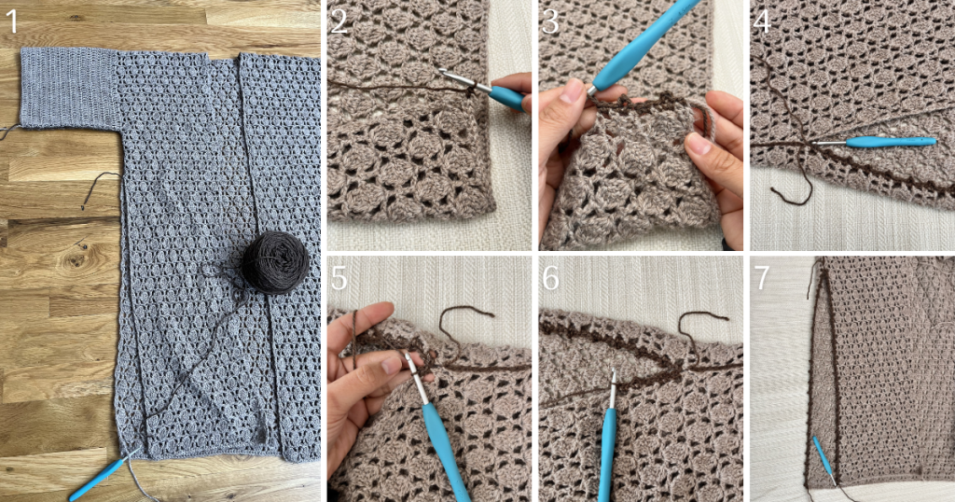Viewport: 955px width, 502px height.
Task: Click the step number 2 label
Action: (x=339, y=22)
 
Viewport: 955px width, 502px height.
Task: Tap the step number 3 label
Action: (x=550, y=22)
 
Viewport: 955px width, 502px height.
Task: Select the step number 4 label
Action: (x=762, y=22)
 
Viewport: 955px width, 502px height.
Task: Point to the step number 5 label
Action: (x=339, y=278)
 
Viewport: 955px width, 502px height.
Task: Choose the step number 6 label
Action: (x=550, y=278)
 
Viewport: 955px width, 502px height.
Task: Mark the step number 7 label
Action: (x=762, y=278)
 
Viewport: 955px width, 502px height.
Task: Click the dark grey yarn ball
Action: (x=275, y=262)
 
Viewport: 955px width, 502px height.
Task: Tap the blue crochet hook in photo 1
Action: (x=101, y=476)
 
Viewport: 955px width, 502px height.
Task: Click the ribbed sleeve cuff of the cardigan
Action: (x=69, y=89)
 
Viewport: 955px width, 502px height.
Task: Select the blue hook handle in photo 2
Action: (x=506, y=97)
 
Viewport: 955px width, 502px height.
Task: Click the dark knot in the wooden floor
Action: (x=76, y=260)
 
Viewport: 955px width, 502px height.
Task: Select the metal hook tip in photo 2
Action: (x=443, y=72)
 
